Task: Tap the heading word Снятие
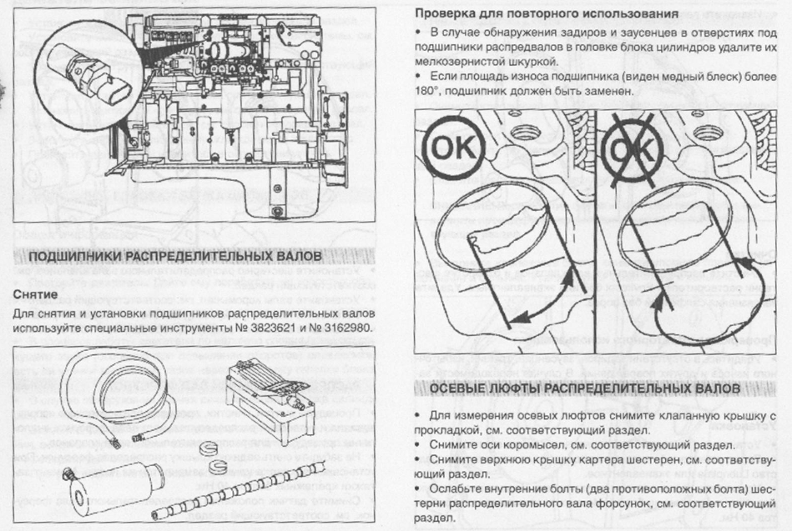(35, 294)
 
